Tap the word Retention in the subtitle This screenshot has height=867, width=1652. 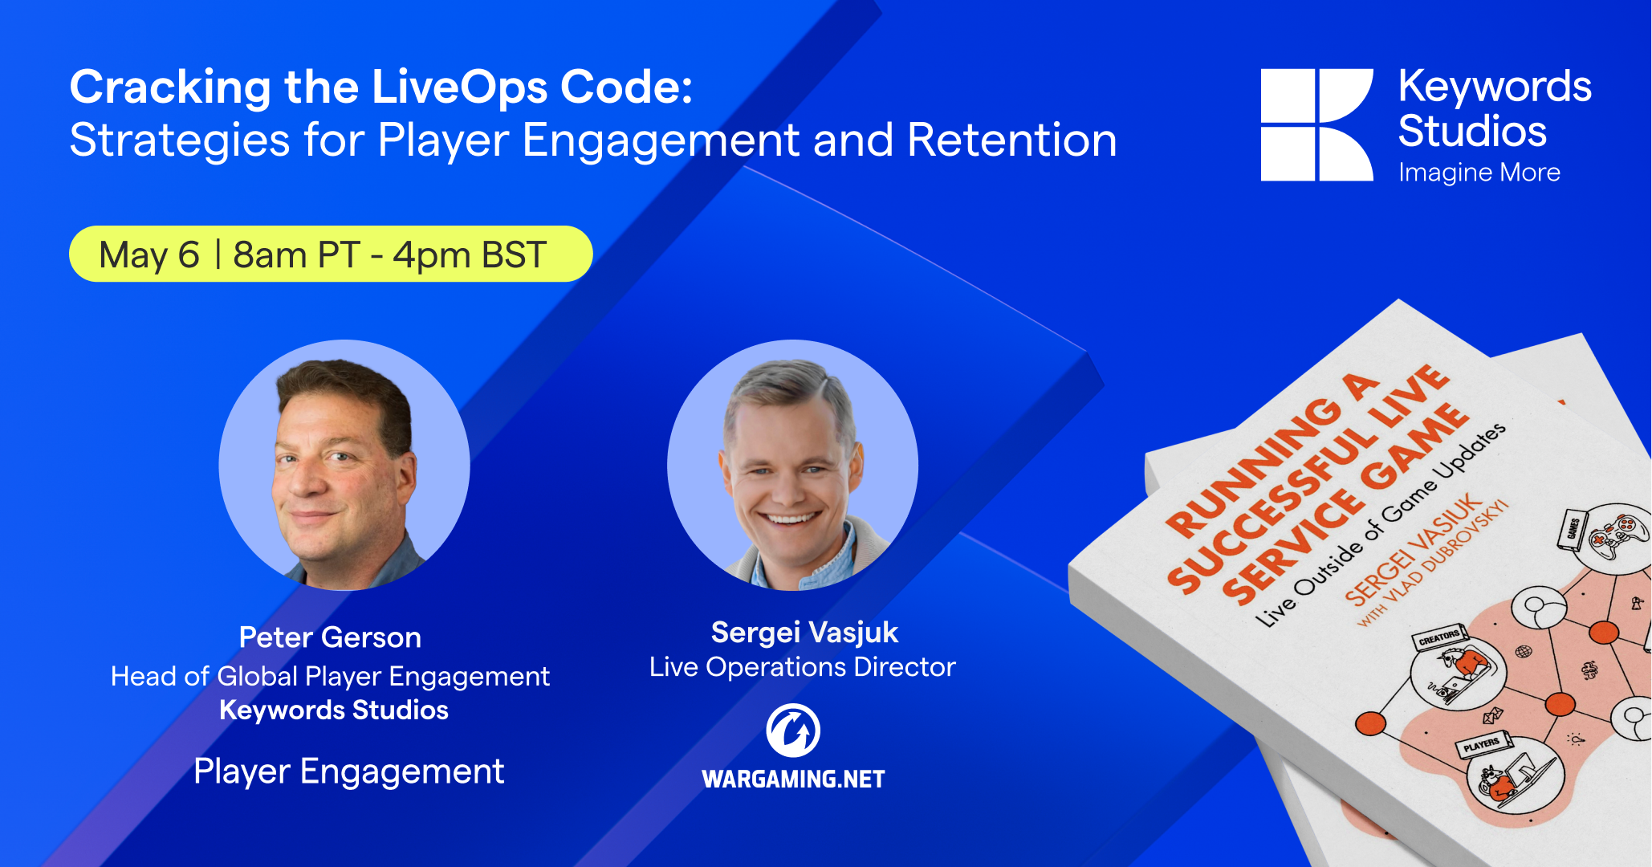coord(1012,140)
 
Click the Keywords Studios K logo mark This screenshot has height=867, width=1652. coord(1316,124)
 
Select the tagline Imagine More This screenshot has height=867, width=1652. coord(1479,173)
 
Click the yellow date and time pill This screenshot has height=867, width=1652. coord(331,254)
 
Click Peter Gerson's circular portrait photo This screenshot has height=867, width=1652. coord(344,465)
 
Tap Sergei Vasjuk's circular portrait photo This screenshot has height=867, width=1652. coord(792,465)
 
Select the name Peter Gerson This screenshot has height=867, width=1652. coord(330,637)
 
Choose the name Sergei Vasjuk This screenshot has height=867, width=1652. coord(804,633)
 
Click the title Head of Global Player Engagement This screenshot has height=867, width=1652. coord(330,677)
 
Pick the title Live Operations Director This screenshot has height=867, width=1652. coord(803,667)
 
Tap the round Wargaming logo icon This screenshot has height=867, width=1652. coord(793,731)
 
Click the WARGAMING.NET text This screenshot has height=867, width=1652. coord(793,779)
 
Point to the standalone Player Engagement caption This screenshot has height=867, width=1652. coord(348,771)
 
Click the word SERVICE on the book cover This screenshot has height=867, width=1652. coord(1292,546)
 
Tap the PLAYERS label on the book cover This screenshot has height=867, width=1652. coord(1482,745)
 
